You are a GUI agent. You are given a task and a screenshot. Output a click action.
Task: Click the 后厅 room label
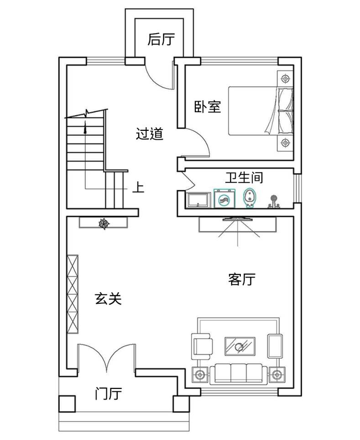(161, 39)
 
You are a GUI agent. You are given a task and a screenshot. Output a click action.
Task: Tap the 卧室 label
(208, 107)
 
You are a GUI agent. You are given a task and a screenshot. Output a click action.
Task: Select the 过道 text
(150, 134)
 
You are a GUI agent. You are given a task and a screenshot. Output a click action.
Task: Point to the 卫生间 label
(244, 177)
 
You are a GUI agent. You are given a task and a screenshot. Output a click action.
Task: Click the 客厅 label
(242, 279)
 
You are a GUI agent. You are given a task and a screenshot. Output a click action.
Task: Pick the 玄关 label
(109, 299)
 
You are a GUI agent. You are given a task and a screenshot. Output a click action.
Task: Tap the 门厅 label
(109, 393)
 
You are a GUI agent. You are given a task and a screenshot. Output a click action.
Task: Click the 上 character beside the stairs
(138, 187)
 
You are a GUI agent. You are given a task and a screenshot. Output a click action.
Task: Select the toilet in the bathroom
(250, 198)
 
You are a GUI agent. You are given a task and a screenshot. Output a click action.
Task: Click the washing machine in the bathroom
(224, 198)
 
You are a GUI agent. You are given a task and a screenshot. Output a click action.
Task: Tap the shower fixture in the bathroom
(273, 202)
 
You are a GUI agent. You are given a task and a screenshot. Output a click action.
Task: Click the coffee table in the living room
(240, 347)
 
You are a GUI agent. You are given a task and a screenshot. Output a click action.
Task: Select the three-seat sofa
(239, 373)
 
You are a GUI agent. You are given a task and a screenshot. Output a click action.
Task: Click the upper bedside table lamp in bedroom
(285, 79)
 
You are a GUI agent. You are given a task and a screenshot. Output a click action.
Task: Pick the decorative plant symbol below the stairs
(104, 224)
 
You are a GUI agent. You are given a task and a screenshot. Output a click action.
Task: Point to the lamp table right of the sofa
(277, 375)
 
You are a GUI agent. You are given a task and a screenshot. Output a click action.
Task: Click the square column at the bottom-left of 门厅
(67, 404)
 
